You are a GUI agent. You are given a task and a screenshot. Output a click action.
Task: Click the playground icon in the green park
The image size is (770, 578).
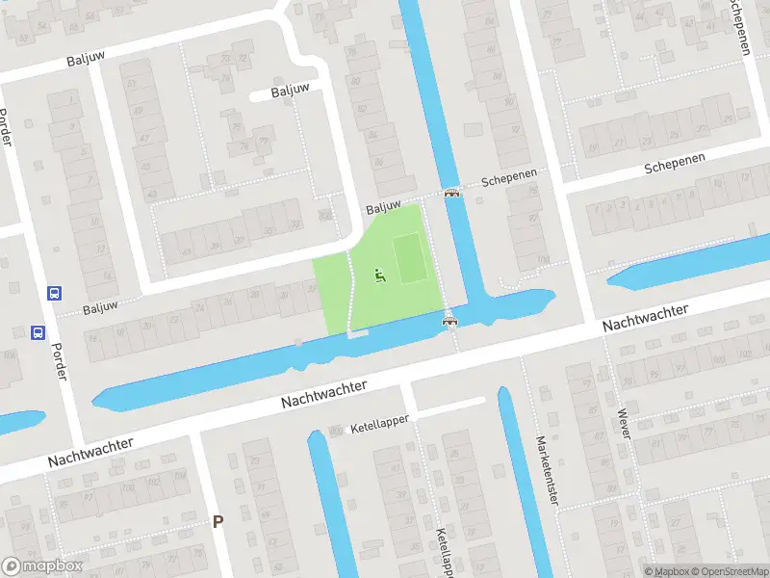[379, 277]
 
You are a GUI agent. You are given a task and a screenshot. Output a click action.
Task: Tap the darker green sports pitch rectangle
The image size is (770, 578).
[410, 258]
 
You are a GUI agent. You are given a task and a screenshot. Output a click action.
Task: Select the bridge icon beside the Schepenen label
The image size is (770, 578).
[451, 194]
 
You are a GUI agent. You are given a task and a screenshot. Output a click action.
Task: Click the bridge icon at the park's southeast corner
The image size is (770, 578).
[449, 321]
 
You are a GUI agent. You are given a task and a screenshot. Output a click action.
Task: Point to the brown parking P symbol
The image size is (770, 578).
[218, 522]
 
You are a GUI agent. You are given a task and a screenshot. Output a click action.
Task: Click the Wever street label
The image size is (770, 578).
[625, 421]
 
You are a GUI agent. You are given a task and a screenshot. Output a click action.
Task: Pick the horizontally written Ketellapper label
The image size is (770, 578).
[380, 421]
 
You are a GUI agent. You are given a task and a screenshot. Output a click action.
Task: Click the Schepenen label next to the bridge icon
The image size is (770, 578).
[506, 180]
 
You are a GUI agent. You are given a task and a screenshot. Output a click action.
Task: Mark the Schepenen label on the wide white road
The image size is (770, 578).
[675, 164]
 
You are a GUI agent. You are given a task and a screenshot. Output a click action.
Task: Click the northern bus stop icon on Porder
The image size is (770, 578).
[55, 293]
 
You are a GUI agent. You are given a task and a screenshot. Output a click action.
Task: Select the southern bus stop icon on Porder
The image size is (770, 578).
[38, 333]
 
